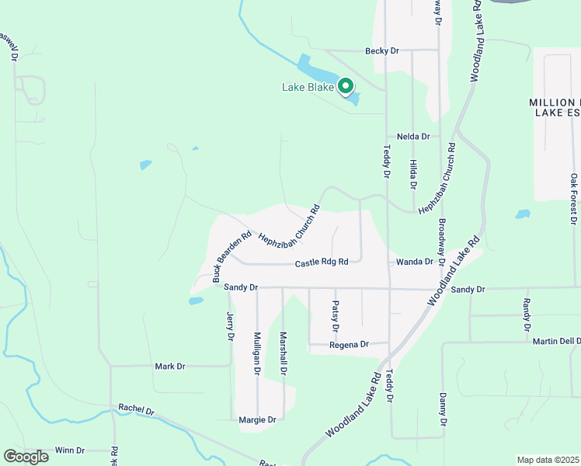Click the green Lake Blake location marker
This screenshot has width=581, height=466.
[346, 86]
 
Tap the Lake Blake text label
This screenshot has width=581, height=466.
[308, 88]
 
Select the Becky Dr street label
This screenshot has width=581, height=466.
[381, 50]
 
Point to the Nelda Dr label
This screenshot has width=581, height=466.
[413, 137]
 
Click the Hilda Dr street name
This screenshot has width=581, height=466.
[413, 175]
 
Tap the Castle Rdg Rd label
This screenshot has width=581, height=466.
[322, 263]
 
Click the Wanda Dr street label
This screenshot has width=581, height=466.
[414, 263]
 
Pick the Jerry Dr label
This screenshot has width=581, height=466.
[230, 322]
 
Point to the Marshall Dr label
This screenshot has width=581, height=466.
[284, 354]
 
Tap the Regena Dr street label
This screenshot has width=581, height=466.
[348, 344]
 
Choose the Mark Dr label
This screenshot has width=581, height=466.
[170, 366]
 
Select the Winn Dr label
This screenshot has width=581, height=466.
[70, 450]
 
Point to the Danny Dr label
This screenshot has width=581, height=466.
[444, 409]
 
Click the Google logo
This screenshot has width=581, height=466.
[26, 457]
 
